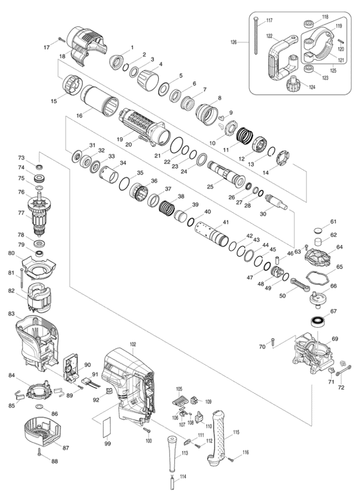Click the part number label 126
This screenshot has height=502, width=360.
point(234,42)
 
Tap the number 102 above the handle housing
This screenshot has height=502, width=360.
point(133,345)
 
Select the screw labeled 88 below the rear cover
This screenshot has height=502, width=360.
point(39,452)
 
